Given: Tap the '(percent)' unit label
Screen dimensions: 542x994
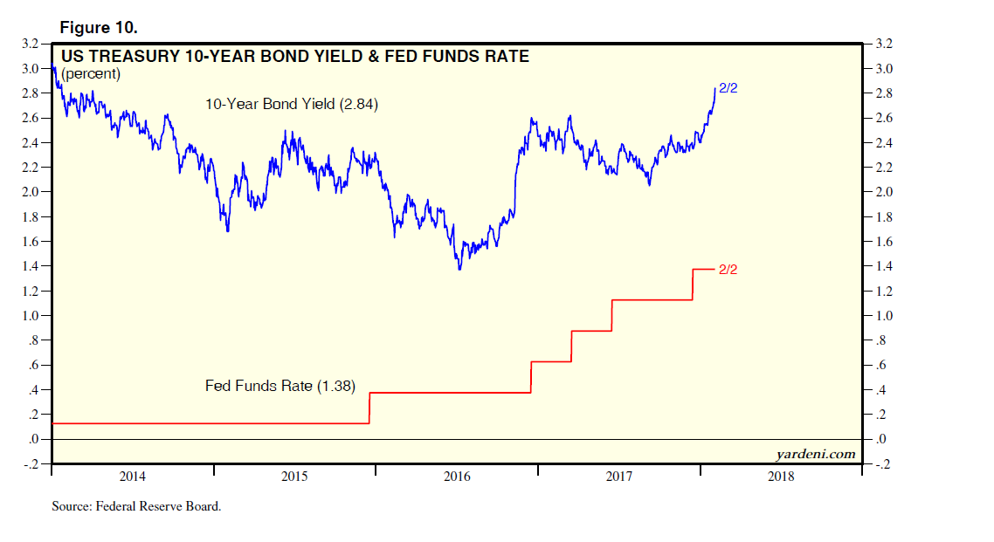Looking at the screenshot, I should (x=91, y=74).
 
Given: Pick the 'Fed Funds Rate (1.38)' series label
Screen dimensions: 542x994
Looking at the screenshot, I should (x=280, y=385).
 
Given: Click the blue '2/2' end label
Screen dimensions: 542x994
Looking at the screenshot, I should (x=728, y=89).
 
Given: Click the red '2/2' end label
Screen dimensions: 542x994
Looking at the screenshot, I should (x=728, y=270).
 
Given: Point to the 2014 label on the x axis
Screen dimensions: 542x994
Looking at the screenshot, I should (x=132, y=477).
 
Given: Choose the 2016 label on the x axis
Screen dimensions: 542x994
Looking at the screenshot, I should (x=457, y=477).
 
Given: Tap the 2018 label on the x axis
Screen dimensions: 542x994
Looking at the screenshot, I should (x=781, y=477).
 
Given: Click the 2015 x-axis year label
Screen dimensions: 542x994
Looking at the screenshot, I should (x=294, y=477).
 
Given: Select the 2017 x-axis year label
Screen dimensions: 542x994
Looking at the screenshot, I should (x=618, y=477).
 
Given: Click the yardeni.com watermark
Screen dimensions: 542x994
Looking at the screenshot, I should (x=815, y=454).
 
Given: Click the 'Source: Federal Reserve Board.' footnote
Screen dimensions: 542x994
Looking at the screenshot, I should (x=136, y=506).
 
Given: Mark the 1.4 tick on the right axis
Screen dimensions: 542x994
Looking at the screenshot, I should (x=879, y=266).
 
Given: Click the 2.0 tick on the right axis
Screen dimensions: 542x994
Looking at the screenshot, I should (x=879, y=192).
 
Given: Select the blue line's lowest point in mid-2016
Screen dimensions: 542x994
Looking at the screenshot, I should (x=459, y=268).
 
